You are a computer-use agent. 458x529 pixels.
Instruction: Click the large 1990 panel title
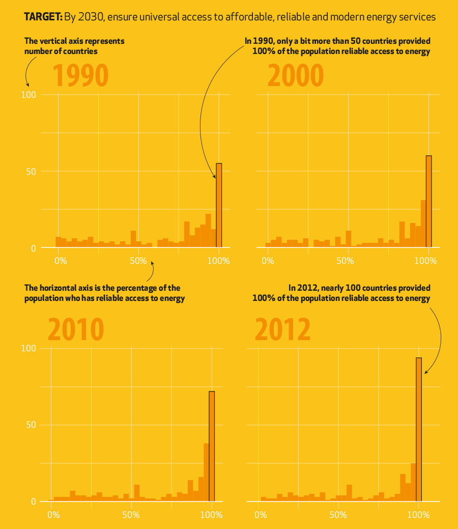pos(80,76)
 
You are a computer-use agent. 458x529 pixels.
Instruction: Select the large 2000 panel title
pos(295,76)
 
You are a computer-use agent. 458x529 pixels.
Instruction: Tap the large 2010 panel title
pos(76,329)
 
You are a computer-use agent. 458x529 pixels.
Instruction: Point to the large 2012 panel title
pos(282,329)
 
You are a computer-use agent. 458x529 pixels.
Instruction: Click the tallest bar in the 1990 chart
pos(219,206)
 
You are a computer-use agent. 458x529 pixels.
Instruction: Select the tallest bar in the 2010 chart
pos(212,446)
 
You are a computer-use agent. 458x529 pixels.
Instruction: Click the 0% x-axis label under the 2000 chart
pos(267,261)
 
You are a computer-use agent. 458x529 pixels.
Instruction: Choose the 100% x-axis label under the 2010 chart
pos(211,515)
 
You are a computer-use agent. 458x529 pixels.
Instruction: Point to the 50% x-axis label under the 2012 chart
pos(338,515)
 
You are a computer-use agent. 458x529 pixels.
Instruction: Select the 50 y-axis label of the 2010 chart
pos(31,425)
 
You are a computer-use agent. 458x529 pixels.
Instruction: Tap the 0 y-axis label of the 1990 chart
pos(33,248)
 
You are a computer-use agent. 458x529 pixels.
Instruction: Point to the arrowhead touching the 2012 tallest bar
pos(425,372)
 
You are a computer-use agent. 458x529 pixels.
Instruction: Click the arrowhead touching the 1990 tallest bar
pos(214,176)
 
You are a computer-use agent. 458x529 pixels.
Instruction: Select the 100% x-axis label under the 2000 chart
pos(426,261)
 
